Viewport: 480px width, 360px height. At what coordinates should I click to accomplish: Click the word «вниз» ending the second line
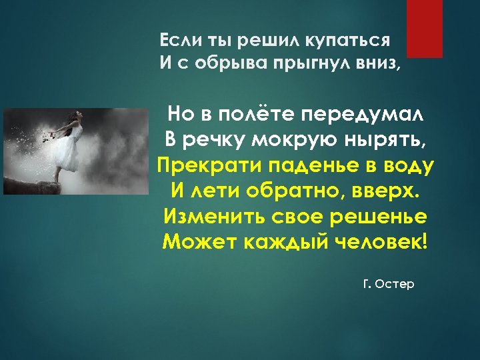pyautogui.click(x=381, y=64)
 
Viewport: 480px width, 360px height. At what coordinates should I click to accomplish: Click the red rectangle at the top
pyautogui.click(x=425, y=27)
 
